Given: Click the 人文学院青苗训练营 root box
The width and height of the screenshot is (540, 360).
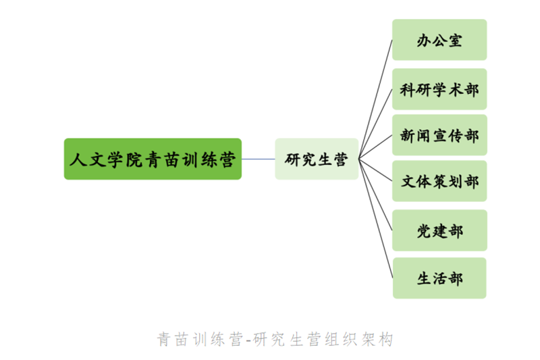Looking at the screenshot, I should pos(153,159).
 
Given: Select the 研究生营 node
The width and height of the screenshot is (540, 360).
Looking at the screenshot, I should pos(317,159).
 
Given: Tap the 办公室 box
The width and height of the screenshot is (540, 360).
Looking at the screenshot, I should pos(439,40).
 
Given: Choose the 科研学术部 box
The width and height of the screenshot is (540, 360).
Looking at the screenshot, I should pos(439,89).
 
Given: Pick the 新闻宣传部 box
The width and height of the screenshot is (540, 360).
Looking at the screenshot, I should pos(439,135).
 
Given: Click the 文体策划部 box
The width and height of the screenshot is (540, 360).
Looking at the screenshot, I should pos(439,181).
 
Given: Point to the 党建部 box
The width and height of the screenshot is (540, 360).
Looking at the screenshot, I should pos(439,230).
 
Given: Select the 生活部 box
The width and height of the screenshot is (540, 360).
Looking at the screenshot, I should pos(439,278).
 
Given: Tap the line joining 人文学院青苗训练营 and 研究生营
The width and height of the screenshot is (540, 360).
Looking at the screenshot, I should pos(259,159).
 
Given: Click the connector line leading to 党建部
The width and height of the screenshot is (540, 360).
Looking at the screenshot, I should pos(376,195).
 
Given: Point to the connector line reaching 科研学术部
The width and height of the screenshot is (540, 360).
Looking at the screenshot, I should pos(376,124).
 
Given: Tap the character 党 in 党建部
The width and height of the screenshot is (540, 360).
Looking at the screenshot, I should pos(424,231).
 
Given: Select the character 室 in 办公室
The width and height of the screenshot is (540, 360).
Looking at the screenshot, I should pos(456,41).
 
